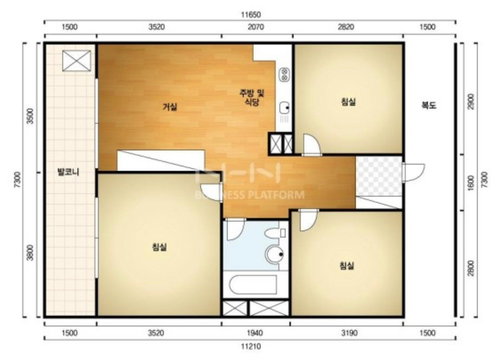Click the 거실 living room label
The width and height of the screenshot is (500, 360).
click(x=170, y=107)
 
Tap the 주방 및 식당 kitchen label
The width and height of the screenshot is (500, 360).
click(x=252, y=97)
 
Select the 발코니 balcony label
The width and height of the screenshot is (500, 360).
click(x=68, y=172)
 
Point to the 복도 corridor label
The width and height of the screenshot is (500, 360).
click(x=429, y=105)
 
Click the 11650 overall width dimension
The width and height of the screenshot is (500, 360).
click(x=250, y=15)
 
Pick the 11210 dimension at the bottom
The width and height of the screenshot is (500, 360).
click(x=250, y=346)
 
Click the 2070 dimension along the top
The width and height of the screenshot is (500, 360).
click(x=256, y=27)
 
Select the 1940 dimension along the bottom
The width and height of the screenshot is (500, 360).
click(x=255, y=333)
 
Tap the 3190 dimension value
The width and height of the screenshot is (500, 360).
click(x=349, y=333)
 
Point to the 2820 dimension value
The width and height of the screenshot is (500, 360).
click(x=346, y=27)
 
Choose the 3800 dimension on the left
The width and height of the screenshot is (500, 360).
click(x=30, y=252)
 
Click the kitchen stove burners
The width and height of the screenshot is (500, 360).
click(x=284, y=75)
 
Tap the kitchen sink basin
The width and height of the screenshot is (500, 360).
click(x=284, y=108)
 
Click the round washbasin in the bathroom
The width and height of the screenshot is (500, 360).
click(x=275, y=254)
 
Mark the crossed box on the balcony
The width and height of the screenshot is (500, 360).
click(x=76, y=61)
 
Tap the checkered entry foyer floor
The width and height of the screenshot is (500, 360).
click(x=379, y=176)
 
